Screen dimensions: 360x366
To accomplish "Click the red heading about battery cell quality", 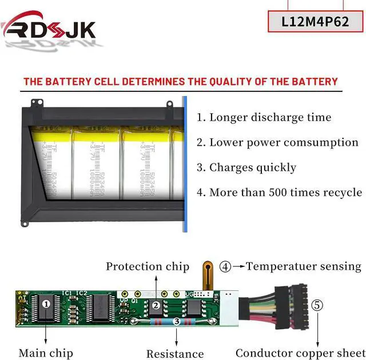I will coord(181,82).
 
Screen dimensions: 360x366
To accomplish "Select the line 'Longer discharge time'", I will coord(264,118).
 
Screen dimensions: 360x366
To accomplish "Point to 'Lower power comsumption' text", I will coord(277,142).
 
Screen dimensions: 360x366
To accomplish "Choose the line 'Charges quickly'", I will coord(246,167).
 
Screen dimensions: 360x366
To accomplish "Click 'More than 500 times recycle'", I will coord(279,192).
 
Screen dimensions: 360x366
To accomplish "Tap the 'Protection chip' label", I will coord(148,266).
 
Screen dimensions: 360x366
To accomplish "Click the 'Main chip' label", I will coord(45,353).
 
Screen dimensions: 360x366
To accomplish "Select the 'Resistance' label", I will coord(175,354).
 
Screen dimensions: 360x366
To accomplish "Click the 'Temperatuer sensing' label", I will coord(304,266).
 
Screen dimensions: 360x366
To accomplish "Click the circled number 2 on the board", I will coord(156,305).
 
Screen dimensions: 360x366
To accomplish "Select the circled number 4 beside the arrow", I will coord(226,266).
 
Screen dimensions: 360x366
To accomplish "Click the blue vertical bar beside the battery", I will coord(185,166).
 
